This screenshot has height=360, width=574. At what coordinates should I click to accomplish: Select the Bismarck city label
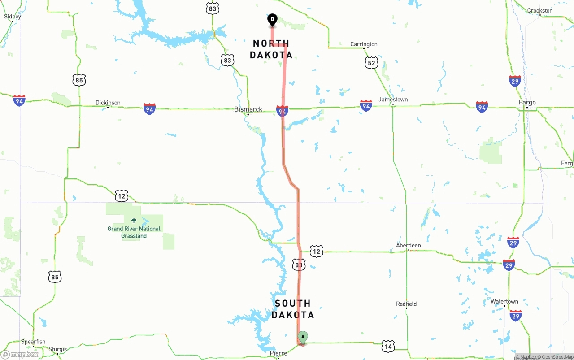click(248, 109)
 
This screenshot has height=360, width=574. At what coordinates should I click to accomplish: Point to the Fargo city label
click(527, 103)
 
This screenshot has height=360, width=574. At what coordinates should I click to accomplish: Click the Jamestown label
click(393, 100)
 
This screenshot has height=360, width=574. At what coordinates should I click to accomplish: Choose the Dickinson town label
click(108, 103)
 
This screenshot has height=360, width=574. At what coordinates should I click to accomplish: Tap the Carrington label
click(364, 44)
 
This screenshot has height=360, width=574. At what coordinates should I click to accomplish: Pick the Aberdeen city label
click(409, 245)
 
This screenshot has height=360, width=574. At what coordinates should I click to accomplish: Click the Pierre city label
click(278, 353)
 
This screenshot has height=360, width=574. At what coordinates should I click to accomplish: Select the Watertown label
click(504, 301)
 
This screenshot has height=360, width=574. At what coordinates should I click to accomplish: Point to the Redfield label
click(406, 304)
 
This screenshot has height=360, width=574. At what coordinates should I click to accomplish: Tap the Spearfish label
click(33, 342)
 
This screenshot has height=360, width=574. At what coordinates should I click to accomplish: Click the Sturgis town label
click(57, 349)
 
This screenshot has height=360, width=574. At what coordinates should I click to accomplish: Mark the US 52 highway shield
click(371, 63)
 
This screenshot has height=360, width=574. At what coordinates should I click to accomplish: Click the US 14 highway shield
click(388, 346)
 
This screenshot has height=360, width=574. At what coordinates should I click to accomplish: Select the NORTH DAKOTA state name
click(271, 49)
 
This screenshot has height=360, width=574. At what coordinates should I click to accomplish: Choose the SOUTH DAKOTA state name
click(293, 309)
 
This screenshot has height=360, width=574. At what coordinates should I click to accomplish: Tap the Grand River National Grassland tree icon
click(134, 221)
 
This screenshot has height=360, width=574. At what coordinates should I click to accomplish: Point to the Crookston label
click(540, 11)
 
